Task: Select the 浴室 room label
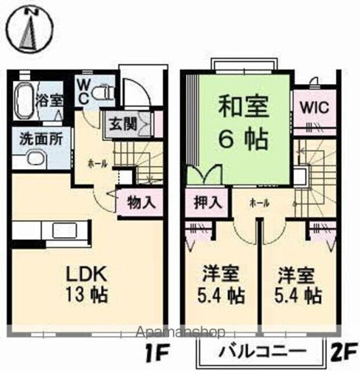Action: point(51,98)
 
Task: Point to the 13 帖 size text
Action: point(87,295)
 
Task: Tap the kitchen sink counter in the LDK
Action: point(63,230)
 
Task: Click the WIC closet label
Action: point(314,108)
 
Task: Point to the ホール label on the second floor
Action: point(258,203)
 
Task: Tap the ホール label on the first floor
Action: point(97,164)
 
